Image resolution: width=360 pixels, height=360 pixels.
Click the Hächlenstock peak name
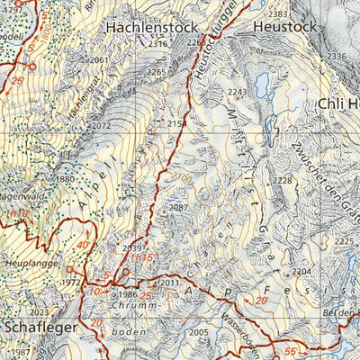click(x=150, y=27)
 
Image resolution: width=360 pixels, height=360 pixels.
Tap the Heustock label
click(x=287, y=27)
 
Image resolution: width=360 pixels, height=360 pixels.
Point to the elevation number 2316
click(x=157, y=44)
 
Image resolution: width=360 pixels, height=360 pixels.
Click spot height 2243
click(x=237, y=93)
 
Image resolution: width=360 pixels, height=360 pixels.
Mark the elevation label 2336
click(x=337, y=57)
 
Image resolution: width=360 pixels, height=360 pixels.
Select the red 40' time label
click(x=83, y=245)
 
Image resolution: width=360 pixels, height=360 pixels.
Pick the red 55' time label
click(x=291, y=350)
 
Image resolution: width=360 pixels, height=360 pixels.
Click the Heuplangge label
click(x=31, y=264)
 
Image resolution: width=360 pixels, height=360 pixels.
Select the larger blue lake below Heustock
click(x=263, y=85)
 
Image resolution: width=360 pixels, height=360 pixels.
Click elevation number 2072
click(x=101, y=126)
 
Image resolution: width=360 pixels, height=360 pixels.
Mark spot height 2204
click(x=302, y=271)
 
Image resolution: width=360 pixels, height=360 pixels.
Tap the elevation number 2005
click(x=199, y=332)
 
